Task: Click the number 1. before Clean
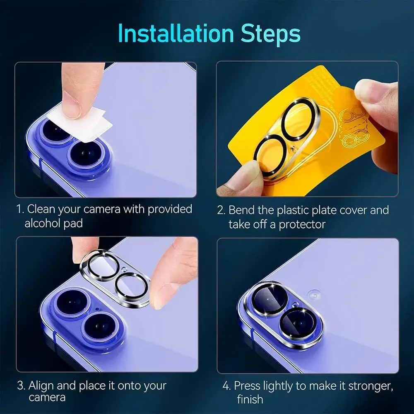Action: tap(20, 209)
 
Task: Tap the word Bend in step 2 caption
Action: tap(241, 210)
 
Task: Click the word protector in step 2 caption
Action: tap(302, 224)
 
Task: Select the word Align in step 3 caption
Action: tap(41, 386)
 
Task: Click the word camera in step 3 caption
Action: tap(47, 398)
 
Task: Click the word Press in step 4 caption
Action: tap(247, 386)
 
